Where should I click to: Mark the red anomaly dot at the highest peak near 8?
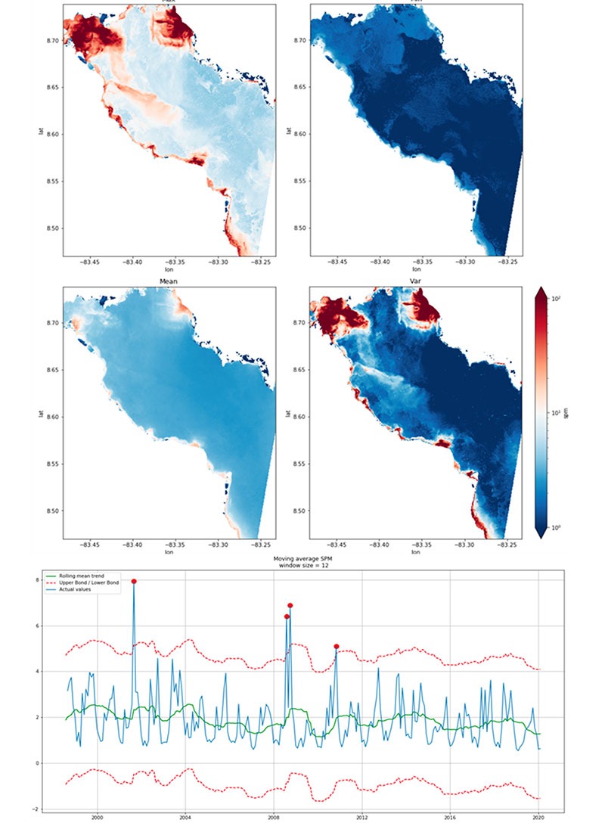134,581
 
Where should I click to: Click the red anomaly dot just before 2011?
336,647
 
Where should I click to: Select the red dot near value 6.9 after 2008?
290,605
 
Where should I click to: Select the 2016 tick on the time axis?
451,817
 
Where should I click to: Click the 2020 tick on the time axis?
538,817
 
